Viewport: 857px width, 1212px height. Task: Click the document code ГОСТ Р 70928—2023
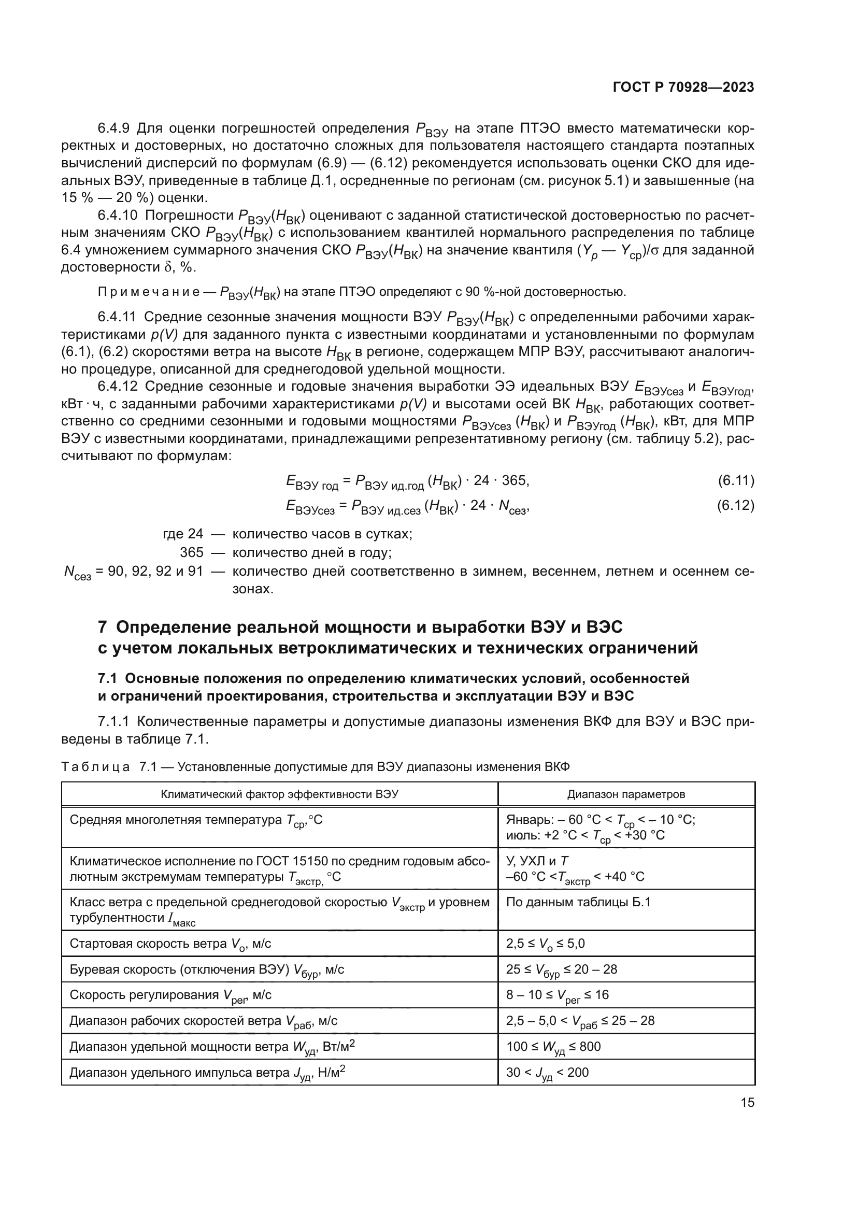[683, 88]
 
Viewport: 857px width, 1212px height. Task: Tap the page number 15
[747, 1102]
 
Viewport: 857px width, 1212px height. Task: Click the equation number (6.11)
[736, 480]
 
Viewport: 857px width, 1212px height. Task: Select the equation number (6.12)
[736, 505]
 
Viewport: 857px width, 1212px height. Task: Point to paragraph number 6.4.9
[114, 129]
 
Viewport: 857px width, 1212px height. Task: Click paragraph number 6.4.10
[117, 216]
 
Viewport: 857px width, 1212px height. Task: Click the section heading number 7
[103, 627]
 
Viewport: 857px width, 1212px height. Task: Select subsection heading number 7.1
[109, 678]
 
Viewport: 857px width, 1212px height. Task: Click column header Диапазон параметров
[626, 794]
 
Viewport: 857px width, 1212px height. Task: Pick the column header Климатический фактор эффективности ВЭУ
[279, 794]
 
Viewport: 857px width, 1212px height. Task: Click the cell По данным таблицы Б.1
[578, 902]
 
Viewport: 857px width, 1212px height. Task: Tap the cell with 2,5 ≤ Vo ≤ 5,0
[545, 943]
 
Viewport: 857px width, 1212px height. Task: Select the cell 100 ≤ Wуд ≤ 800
[553, 1046]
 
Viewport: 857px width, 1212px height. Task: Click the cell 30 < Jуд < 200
[547, 1072]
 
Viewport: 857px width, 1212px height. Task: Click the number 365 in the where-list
[192, 553]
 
